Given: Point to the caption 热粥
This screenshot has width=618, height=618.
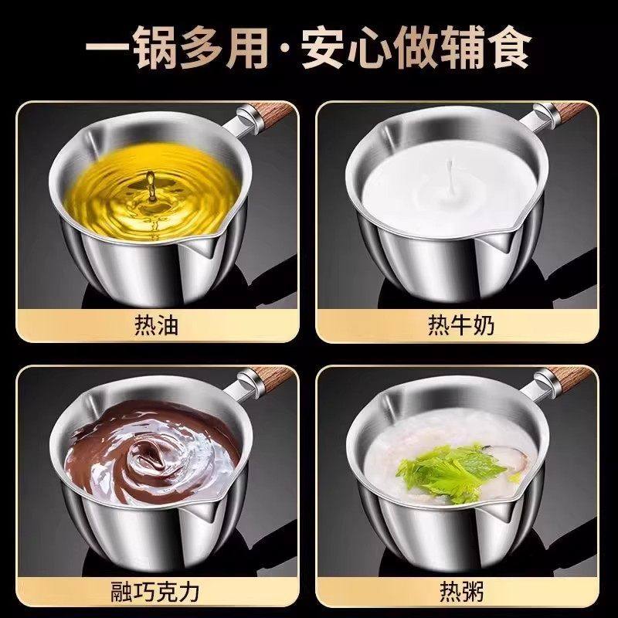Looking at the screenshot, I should click(461, 593).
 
